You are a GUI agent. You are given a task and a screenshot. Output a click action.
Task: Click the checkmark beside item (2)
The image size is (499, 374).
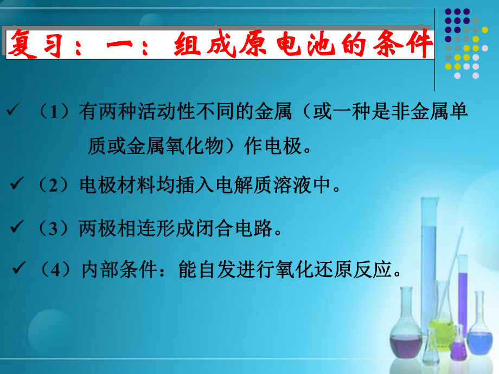click(16, 185)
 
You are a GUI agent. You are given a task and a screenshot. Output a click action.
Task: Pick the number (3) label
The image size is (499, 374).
click(56, 228)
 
